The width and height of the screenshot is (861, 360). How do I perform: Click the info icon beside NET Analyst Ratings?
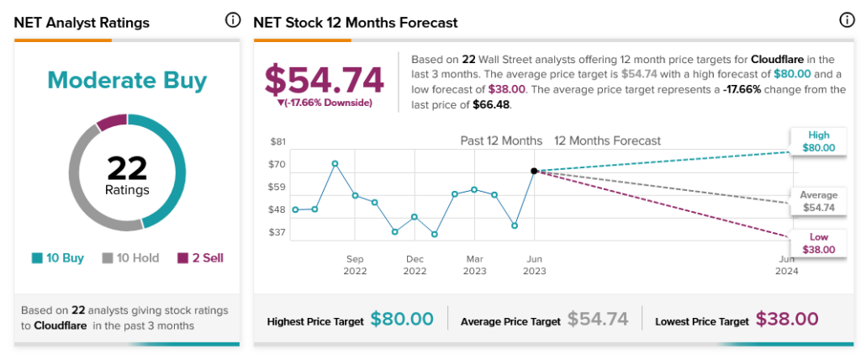[x=232, y=21]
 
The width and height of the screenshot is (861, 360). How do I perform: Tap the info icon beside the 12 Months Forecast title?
[x=846, y=21]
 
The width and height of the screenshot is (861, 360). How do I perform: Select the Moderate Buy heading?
[x=127, y=81]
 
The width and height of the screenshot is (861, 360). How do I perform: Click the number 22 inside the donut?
[x=127, y=168]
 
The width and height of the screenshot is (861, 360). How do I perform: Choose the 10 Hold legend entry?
[x=130, y=258]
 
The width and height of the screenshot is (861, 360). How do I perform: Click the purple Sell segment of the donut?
[x=111, y=123]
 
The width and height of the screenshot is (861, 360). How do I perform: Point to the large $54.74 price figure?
[x=325, y=80]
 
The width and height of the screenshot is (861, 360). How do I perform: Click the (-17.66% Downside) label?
[x=325, y=103]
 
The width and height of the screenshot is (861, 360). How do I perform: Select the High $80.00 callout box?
[x=819, y=141]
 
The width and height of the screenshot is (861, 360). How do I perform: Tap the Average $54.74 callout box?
[x=819, y=201]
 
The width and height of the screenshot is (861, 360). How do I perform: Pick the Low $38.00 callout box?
[x=819, y=243]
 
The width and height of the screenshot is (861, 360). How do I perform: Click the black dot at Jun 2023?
[x=534, y=171]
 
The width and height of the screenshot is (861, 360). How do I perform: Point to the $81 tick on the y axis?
[x=278, y=141]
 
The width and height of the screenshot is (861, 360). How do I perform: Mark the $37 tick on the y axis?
[x=278, y=232]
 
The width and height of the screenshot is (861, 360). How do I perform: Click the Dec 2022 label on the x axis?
[x=415, y=265]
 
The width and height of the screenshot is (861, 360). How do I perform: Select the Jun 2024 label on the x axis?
[x=786, y=265]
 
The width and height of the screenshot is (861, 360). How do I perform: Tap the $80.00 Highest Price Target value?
[x=402, y=320]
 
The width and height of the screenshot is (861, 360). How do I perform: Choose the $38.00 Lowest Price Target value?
[x=786, y=320]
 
